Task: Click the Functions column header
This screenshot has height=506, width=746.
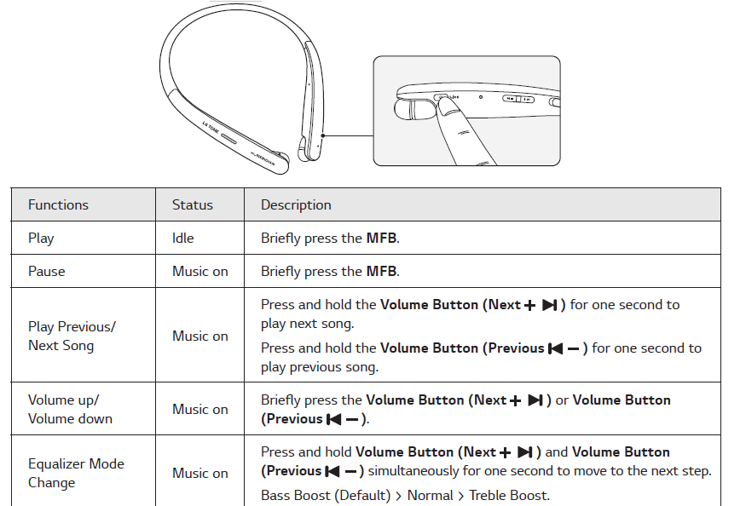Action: [x=58, y=204]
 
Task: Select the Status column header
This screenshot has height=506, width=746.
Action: [x=193, y=204]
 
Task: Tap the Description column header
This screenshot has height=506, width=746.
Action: [x=296, y=204]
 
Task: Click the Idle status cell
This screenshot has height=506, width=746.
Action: [x=183, y=238]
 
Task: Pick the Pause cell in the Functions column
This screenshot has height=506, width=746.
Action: [x=46, y=271]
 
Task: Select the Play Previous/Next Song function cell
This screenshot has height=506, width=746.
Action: [x=72, y=336]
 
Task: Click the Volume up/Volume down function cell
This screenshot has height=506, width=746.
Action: [x=70, y=409]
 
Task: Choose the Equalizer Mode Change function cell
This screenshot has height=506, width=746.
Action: [x=76, y=473]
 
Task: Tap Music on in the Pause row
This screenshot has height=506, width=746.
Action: [x=200, y=271]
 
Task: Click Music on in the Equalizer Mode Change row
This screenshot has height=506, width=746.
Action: [x=200, y=473]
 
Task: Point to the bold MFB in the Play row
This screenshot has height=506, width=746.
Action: [x=381, y=239]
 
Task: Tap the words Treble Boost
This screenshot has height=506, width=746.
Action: [x=509, y=495]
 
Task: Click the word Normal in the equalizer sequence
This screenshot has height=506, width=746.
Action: [x=430, y=495]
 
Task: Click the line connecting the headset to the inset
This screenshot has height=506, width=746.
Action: [x=348, y=135]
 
